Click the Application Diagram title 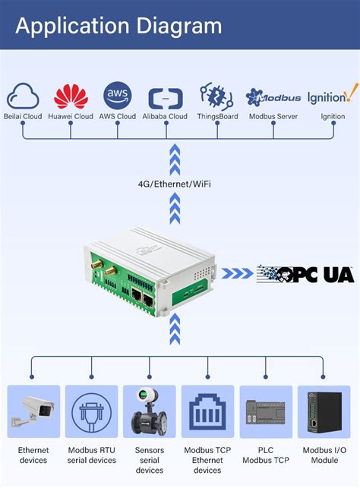[x=118, y=26]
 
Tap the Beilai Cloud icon [x=23, y=97]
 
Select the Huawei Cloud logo [x=71, y=96]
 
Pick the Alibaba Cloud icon [x=165, y=99]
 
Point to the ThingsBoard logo [x=216, y=96]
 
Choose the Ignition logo [x=333, y=96]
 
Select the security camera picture [x=33, y=412]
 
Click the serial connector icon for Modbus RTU [x=91, y=412]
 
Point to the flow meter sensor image [x=149, y=412]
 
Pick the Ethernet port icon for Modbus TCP [x=207, y=412]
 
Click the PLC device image [x=266, y=412]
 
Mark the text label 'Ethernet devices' [x=33, y=455]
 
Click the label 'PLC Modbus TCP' [x=266, y=455]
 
